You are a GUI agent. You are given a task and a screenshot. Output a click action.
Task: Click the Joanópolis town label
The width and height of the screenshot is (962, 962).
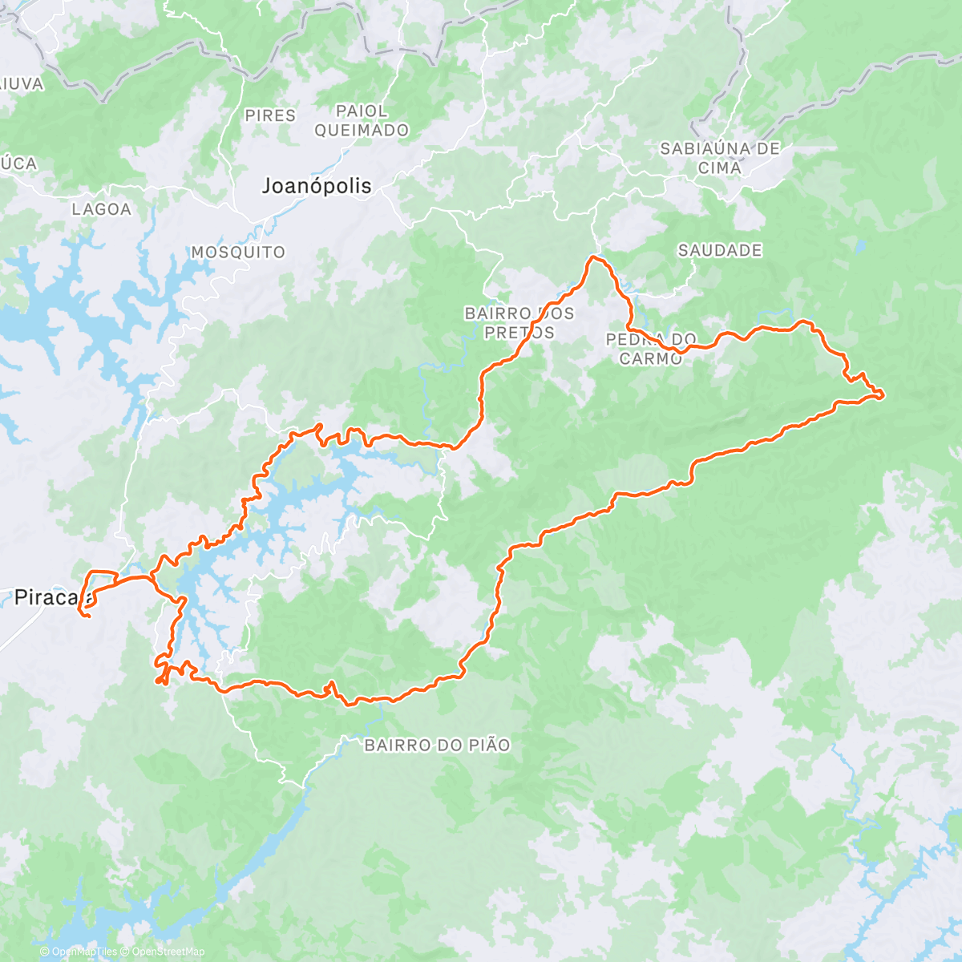tap(317, 186)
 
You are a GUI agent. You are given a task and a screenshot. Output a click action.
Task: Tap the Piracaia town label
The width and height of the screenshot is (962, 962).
tap(50, 596)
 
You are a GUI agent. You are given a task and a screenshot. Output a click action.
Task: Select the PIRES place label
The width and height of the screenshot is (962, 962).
tap(270, 115)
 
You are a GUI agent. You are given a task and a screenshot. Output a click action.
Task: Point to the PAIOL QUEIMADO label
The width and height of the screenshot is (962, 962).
tap(362, 120)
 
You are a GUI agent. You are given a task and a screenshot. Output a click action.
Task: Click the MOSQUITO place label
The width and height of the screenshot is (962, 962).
tap(238, 252)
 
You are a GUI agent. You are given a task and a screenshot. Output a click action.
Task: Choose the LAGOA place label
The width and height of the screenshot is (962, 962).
tap(101, 209)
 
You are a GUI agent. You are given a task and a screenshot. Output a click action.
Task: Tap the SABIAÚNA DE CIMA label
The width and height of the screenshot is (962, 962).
tap(719, 158)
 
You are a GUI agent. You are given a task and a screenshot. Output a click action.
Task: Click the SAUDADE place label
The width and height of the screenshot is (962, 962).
tap(720, 250)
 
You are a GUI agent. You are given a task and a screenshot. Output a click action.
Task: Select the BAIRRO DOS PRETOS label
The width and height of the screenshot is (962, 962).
tap(519, 322)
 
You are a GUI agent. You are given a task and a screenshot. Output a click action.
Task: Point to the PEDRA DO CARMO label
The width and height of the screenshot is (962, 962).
tap(650, 349)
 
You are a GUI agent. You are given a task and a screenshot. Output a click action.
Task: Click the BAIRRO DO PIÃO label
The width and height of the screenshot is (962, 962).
tap(437, 745)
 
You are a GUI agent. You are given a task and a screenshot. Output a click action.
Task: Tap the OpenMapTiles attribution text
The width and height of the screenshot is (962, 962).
tap(79, 952)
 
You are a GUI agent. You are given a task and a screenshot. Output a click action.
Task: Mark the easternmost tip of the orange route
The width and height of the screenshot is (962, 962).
tap(883, 393)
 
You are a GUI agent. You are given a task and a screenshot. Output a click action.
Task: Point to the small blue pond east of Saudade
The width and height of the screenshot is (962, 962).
tap(861, 244)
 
